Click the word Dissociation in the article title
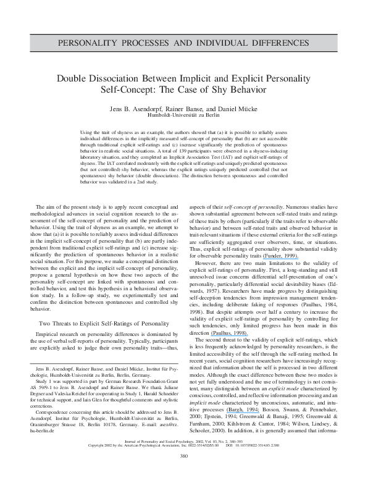141,79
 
